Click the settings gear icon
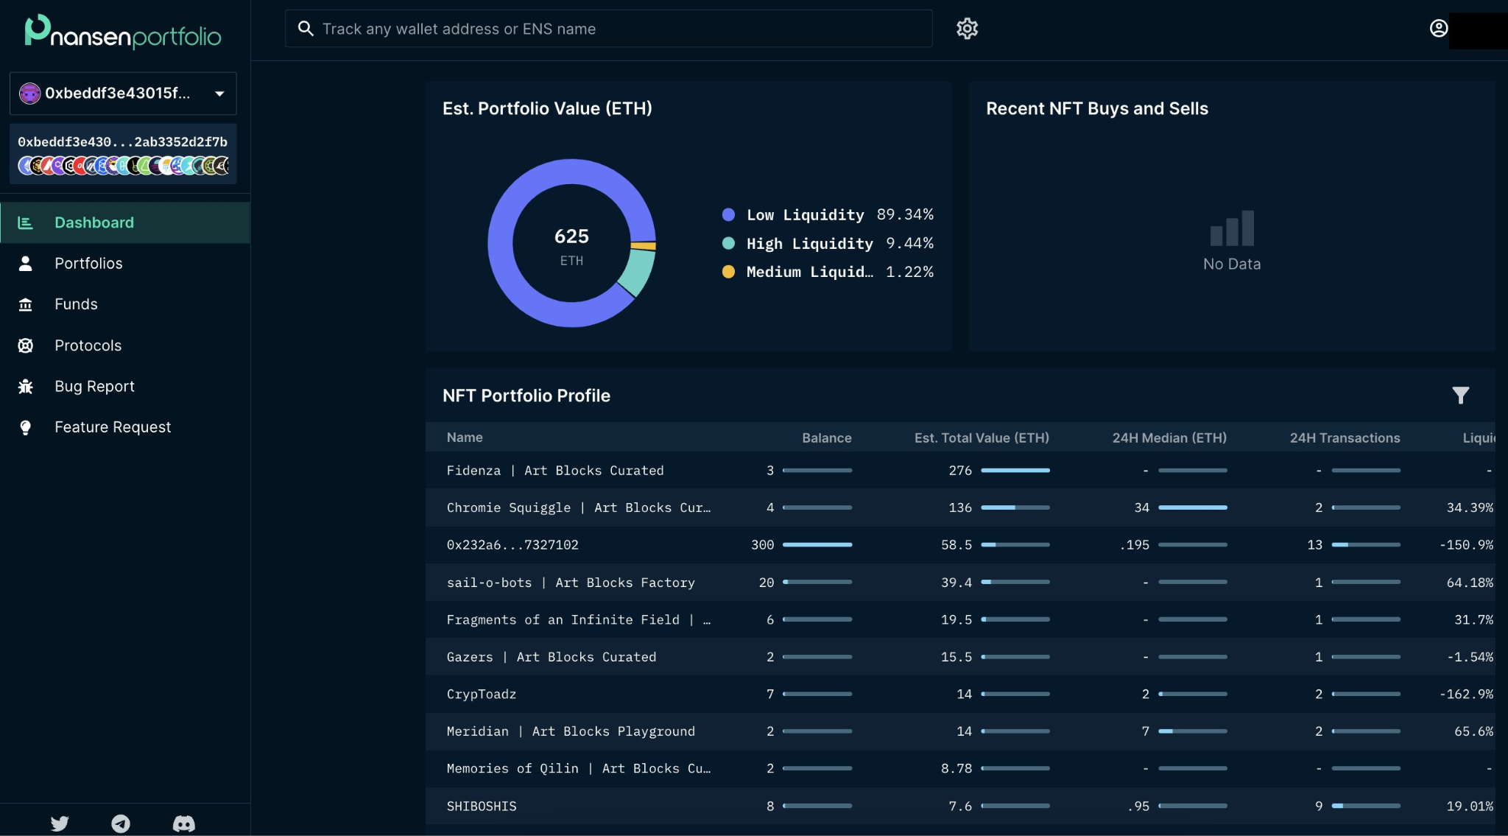coord(967,29)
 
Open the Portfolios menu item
coord(88,264)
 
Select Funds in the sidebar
coord(76,304)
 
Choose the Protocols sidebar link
coord(88,345)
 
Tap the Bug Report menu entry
coord(94,387)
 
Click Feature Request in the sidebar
coord(112,427)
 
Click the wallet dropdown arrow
coord(219,94)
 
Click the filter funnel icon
coord(1460,396)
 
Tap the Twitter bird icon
coord(60,823)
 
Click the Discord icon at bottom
coord(183,823)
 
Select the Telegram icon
coord(121,823)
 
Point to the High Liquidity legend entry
coord(809,244)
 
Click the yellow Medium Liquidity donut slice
coord(644,246)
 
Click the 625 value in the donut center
coord(571,236)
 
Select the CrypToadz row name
coord(481,694)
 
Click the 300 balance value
coord(762,545)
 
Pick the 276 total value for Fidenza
coord(960,471)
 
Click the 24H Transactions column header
coord(1345,438)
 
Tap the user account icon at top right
coord(1438,29)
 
